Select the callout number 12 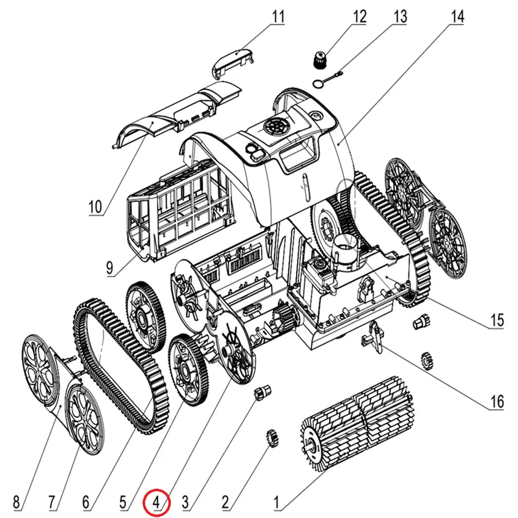[359, 16]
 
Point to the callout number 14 [457, 16]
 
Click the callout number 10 [95, 207]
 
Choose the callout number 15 [497, 320]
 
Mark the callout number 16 [496, 402]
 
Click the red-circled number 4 [156, 501]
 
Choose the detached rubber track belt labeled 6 [120, 363]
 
